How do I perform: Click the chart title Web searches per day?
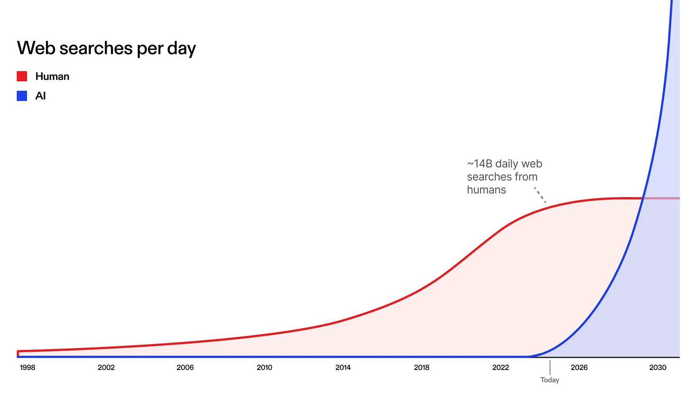pyautogui.click(x=106, y=48)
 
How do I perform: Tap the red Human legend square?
pyautogui.click(x=22, y=76)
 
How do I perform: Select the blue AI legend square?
pyautogui.click(x=22, y=96)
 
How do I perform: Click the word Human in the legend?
pyautogui.click(x=52, y=77)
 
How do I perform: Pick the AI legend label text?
pyautogui.click(x=40, y=96)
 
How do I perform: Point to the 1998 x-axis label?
pyautogui.click(x=27, y=368)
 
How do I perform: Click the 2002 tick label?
pyautogui.click(x=106, y=368)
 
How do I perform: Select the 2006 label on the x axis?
pyautogui.click(x=185, y=368)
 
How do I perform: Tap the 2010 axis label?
pyautogui.click(x=264, y=368)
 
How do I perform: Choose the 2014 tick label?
pyautogui.click(x=343, y=368)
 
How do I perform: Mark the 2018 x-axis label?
pyautogui.click(x=421, y=368)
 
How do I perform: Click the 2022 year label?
pyautogui.click(x=500, y=368)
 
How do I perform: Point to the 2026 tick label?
pyautogui.click(x=579, y=368)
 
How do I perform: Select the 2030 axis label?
pyautogui.click(x=658, y=368)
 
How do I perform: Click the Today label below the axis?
pyautogui.click(x=550, y=380)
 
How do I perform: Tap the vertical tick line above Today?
pyautogui.click(x=550, y=368)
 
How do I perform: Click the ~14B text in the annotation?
pyautogui.click(x=480, y=164)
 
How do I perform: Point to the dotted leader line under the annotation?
pyautogui.click(x=540, y=195)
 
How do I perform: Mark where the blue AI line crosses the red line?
pyautogui.click(x=643, y=199)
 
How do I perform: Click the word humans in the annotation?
pyautogui.click(x=486, y=190)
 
